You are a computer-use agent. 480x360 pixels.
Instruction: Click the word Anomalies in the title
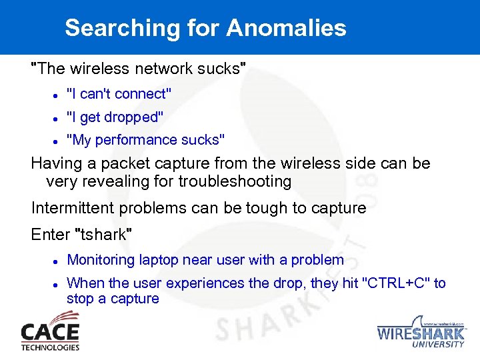click(286, 28)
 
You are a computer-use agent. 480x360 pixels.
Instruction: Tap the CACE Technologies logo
click(50, 335)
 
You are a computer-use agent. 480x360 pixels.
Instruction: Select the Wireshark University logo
click(421, 331)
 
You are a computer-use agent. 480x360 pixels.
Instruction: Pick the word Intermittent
click(73, 208)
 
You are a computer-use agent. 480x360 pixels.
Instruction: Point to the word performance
click(140, 140)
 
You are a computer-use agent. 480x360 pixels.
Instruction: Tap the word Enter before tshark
click(51, 235)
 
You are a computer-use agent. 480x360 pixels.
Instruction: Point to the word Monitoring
click(98, 260)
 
